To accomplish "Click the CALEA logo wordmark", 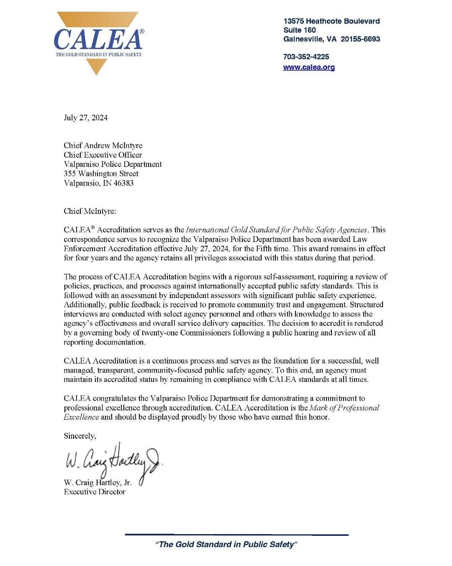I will point(98,39).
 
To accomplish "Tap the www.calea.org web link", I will point(309,67).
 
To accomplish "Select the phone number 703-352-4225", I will point(306,57).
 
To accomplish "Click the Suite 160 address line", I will point(299,30).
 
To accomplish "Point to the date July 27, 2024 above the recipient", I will point(85,117).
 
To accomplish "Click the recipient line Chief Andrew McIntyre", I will point(103,145).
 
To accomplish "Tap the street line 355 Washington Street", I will point(101,174).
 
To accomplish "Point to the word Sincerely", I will point(80,436).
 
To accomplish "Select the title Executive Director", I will point(94,492).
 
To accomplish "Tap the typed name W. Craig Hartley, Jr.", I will point(98,483).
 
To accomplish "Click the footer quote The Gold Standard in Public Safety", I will point(226,544).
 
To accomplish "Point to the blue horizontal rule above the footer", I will point(236,535).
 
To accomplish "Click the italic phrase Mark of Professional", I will point(344,408).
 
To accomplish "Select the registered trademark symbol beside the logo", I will point(142,31).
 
